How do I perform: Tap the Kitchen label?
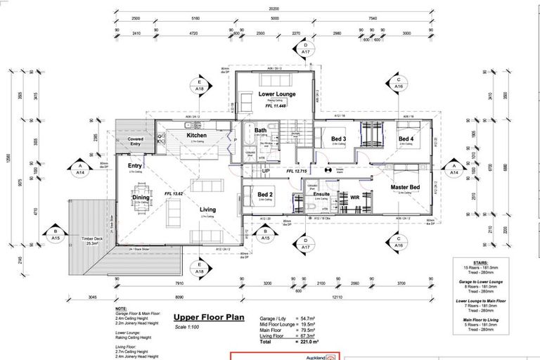(196, 134)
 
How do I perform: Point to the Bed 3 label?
(339, 139)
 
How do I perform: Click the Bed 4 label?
(406, 139)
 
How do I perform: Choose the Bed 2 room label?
(265, 194)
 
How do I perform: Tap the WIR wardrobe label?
(355, 198)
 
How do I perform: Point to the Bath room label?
(260, 130)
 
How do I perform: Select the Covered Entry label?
(136, 142)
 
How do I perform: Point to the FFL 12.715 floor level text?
(300, 170)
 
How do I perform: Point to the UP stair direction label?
(265, 171)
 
